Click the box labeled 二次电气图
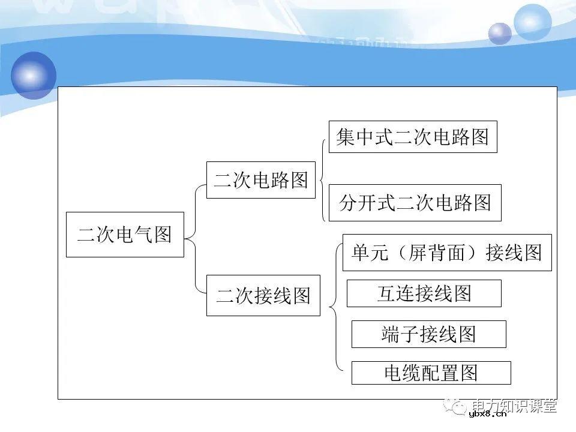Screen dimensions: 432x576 point(125,235)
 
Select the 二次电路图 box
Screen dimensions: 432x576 point(261,180)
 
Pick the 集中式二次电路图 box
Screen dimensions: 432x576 point(413,137)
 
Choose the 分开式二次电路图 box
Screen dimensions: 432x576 point(415,203)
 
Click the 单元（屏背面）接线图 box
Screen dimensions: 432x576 point(447,253)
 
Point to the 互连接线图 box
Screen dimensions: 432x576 point(424,293)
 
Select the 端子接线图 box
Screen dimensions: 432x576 point(428,334)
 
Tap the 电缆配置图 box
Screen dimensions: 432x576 point(431,373)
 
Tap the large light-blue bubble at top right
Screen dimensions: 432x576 point(532,22)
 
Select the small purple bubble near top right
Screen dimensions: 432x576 point(500,34)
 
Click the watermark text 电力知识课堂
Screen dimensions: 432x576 point(514,406)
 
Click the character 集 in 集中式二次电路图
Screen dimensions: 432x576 point(346,137)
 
